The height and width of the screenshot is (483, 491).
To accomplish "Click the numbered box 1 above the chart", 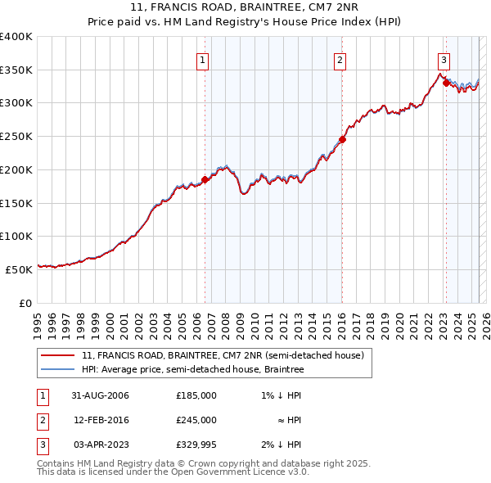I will point(202,59).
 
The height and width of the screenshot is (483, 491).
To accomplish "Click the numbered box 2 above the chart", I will point(339,59).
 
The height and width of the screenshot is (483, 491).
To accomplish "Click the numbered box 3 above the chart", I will point(443,59).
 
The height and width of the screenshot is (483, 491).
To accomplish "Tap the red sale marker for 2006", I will point(205,179).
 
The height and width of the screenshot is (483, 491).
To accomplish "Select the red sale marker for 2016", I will point(342,139).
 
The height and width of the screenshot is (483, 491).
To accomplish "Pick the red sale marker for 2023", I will point(445,82).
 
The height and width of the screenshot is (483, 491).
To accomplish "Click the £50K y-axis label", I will point(20,269).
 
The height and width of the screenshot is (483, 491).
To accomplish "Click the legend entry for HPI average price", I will point(192,370).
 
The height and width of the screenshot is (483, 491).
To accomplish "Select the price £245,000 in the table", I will point(196,420).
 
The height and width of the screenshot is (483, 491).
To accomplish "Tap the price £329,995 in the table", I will point(196,445).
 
